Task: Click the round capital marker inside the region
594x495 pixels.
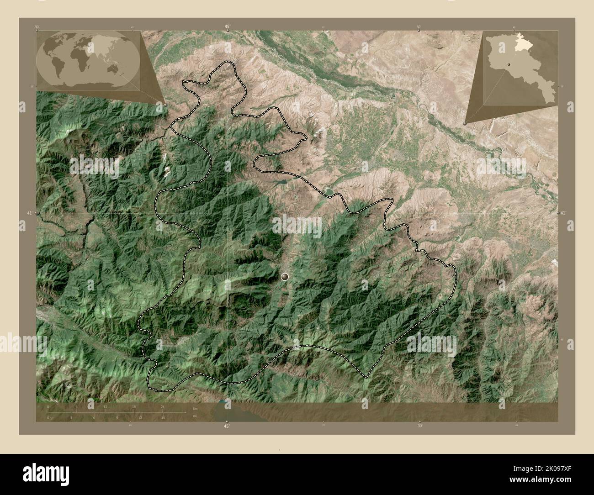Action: tap(286, 276)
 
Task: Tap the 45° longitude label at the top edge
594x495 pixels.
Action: tap(227, 27)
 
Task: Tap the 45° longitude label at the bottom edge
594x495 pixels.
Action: tap(227, 426)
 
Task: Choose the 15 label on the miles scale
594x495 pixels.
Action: tap(163, 417)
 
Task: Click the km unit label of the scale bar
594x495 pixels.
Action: tap(195, 408)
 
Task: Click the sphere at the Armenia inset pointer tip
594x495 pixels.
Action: tap(465, 123)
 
